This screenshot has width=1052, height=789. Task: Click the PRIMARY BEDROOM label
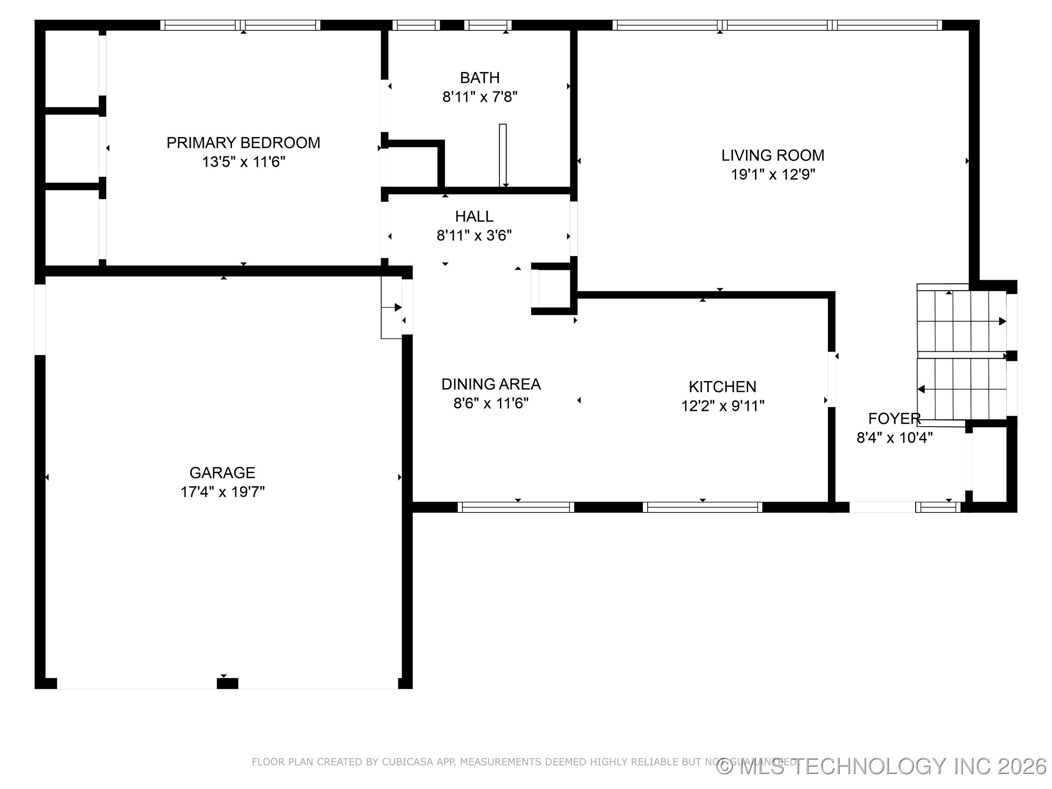(x=243, y=143)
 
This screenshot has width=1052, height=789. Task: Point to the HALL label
(x=474, y=216)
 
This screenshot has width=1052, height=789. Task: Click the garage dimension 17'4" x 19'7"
(x=222, y=492)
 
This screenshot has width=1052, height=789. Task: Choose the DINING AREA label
(x=491, y=384)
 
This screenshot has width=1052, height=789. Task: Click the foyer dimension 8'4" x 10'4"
(x=894, y=438)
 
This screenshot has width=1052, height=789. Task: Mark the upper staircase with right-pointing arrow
(x=961, y=321)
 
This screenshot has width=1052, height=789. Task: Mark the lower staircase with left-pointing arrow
(x=961, y=389)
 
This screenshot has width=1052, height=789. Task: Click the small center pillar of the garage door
(x=227, y=683)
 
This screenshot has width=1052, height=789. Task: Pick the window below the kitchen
(x=702, y=507)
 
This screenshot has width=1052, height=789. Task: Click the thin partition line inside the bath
(x=503, y=155)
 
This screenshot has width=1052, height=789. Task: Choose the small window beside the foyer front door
(x=938, y=507)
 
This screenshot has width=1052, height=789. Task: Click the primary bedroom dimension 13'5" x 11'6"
(x=243, y=162)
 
